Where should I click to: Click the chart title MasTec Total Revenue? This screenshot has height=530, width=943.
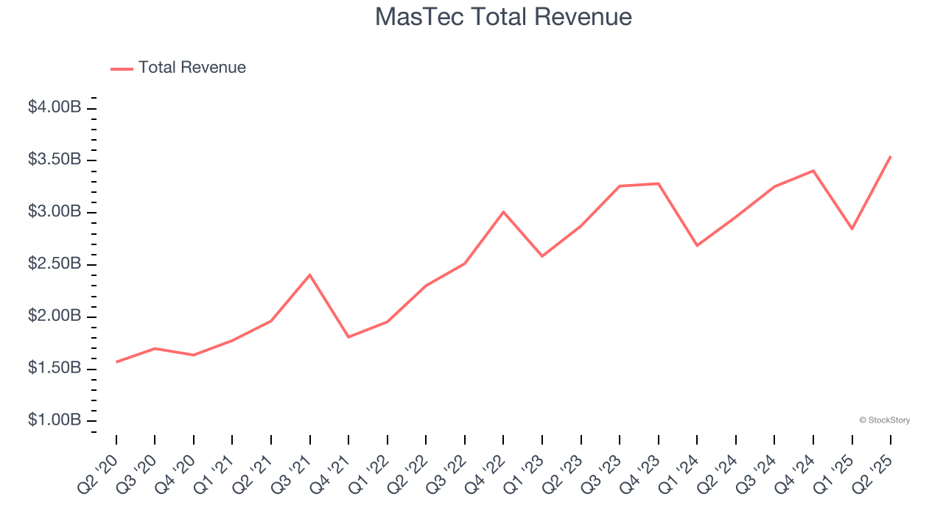pos(503,17)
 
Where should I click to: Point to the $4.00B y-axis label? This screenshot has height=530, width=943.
pos(55,107)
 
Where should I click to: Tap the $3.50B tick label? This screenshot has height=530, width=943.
pos(55,160)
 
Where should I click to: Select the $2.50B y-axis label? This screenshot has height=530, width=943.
pos(55,264)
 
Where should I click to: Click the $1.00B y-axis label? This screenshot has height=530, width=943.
pos(55,420)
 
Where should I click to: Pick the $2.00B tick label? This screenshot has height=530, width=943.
pos(55,317)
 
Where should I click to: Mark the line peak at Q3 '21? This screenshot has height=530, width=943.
pos(310,275)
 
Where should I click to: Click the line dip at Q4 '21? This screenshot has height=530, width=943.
pos(348,337)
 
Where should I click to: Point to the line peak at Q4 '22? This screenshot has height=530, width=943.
pos(504,212)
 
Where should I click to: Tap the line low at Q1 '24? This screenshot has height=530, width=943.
pos(697,245)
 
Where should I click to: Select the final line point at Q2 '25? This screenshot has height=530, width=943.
pos(891,156)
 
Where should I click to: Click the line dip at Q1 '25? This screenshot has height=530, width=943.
pos(852,229)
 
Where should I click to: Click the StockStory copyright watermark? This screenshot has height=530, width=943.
pos(884,420)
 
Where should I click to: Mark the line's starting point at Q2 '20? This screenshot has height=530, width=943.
pos(116,362)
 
